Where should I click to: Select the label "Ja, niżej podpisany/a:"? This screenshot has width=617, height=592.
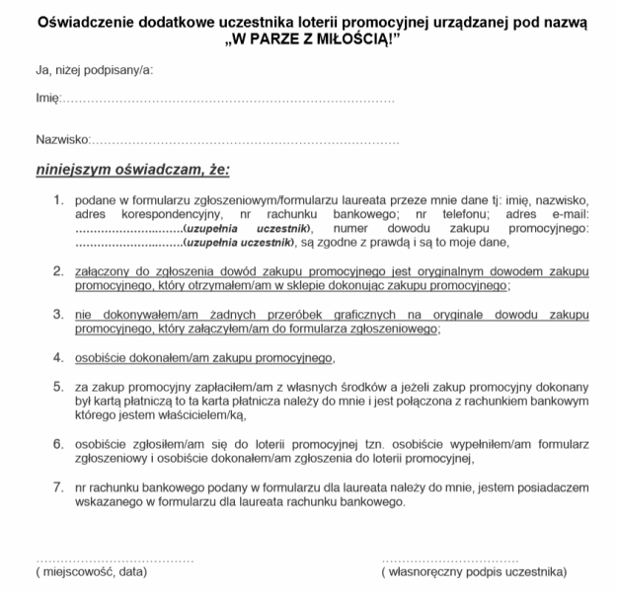(x=94, y=70)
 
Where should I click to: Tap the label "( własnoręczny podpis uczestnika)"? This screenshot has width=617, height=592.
(x=474, y=571)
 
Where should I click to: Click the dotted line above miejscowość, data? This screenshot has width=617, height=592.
(x=114, y=558)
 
